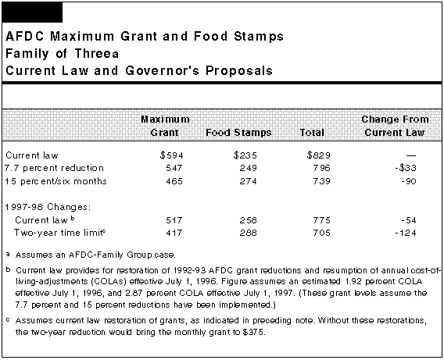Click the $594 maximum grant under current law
click(172, 155)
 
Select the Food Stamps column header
click(238, 132)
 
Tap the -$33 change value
click(406, 168)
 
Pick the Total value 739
click(322, 181)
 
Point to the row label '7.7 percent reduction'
click(55, 168)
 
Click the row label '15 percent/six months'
click(55, 181)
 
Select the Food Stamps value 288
click(248, 233)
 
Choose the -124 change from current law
click(406, 233)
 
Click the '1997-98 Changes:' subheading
click(48, 207)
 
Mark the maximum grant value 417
click(174, 233)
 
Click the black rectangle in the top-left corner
click(32, 12)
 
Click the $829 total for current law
click(319, 155)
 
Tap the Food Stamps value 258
click(248, 220)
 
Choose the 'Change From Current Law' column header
click(395, 126)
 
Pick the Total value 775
click(322, 220)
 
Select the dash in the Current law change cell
click(411, 155)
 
